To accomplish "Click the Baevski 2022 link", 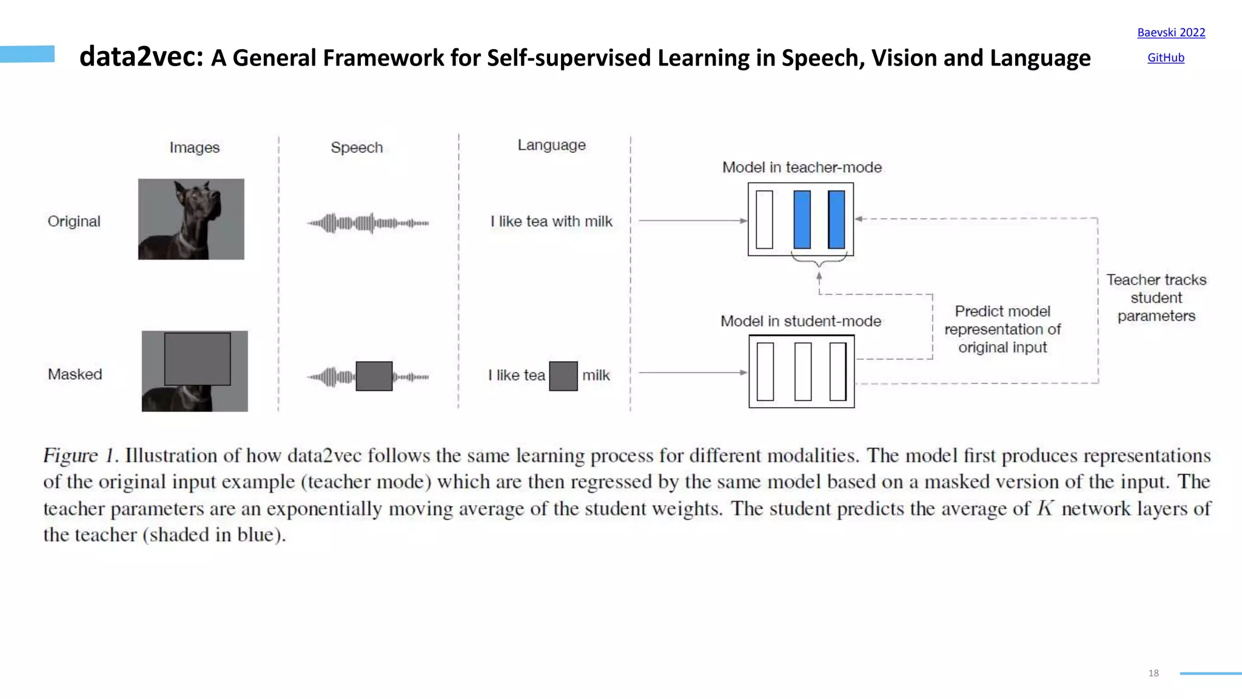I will pos(1170,33).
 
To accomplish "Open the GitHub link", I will pos(1165,58).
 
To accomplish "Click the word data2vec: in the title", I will pos(141,57).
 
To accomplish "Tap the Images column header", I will pos(194,147).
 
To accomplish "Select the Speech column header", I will pos(357,147).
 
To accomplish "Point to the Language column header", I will pos(551,145).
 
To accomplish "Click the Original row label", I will pos(74,221).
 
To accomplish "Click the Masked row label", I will pos(75,374).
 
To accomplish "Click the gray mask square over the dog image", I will pos(197,359).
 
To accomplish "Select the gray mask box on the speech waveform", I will pos(374,376).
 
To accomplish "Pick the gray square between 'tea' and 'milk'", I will pos(563,376).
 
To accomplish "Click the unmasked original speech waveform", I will pos(368,223).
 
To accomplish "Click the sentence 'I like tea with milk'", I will pos(551,221).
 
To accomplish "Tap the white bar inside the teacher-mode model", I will pos(764,220).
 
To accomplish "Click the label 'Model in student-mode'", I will pos(801,321).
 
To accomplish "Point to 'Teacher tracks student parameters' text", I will pos(1156,298).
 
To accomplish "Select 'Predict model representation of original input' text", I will pos(1002,329).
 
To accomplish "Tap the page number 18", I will pos(1153,673).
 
